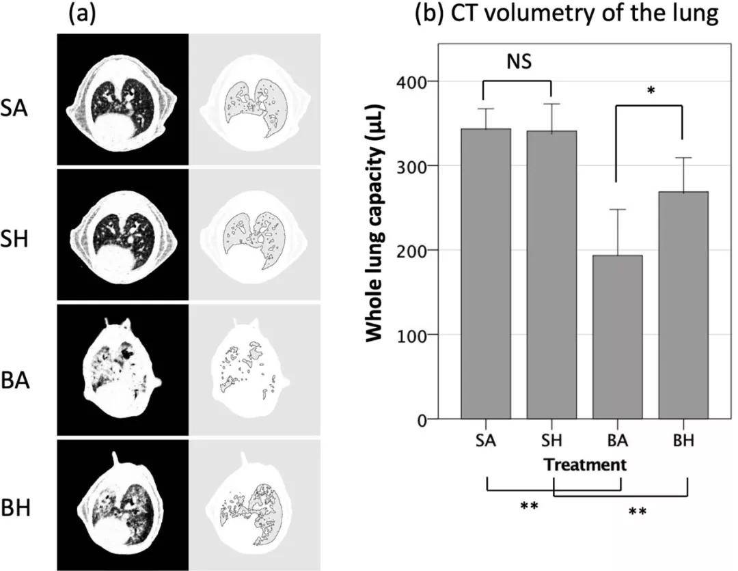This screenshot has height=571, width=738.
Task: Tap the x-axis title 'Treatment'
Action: [x=585, y=465]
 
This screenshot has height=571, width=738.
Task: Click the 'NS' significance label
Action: [x=518, y=63]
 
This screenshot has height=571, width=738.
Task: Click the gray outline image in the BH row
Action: [x=255, y=505]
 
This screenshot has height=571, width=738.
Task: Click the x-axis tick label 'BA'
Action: [x=617, y=441]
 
